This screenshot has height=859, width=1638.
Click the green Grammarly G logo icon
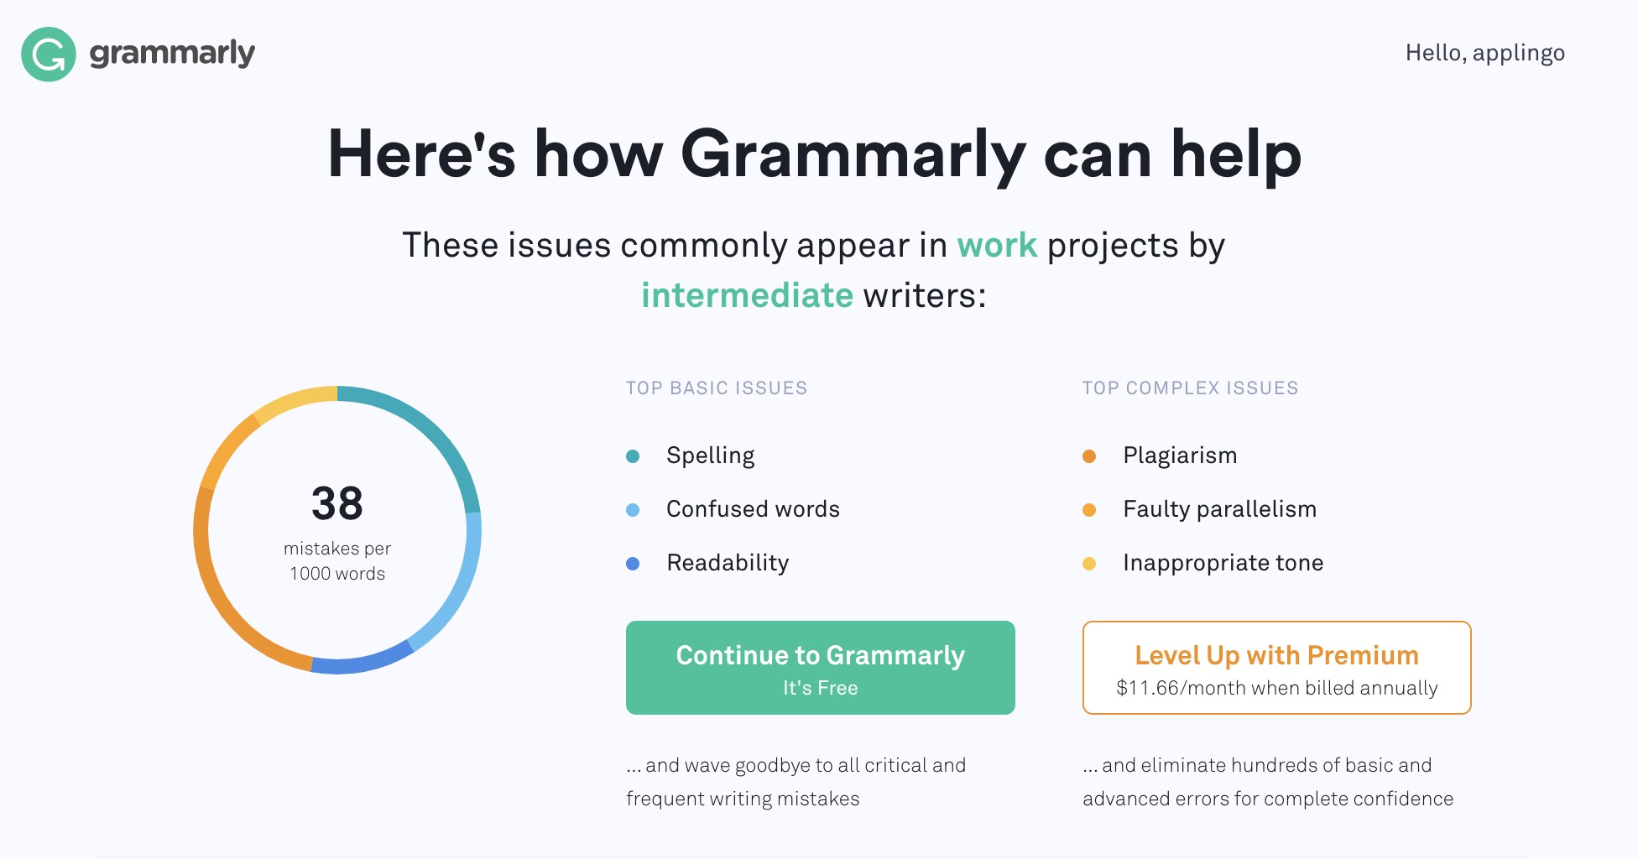(49, 55)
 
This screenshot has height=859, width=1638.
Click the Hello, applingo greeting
(1484, 54)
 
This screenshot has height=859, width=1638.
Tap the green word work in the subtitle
(997, 246)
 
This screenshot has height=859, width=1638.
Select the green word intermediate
(747, 295)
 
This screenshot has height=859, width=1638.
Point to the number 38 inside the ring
(337, 504)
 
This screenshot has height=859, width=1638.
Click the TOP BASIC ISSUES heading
(717, 388)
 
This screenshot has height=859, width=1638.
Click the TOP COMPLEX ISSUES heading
(1190, 388)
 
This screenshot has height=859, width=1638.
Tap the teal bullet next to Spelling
(633, 456)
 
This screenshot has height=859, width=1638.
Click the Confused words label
(753, 509)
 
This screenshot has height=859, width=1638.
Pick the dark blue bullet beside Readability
(633, 564)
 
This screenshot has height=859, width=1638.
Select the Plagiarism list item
(1180, 456)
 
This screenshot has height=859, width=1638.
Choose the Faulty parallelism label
(1219, 509)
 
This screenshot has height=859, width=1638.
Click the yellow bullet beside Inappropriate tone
(1089, 564)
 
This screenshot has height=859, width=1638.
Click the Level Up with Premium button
(1276, 668)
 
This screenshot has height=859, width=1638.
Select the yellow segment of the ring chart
(293, 401)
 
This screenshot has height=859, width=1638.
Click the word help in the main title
(1236, 156)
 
